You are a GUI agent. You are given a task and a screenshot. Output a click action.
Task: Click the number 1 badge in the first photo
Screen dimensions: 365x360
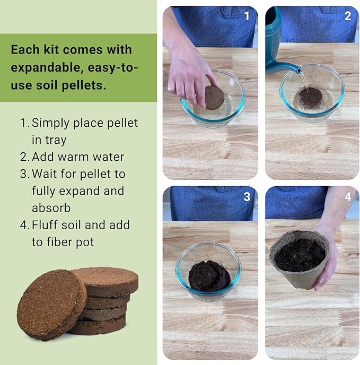click(246, 16)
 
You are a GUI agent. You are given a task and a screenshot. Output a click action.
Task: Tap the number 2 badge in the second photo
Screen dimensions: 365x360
click(347, 16)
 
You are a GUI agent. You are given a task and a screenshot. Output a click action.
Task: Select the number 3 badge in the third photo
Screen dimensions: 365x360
click(246, 197)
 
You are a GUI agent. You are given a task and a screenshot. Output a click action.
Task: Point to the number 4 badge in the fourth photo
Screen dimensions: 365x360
click(347, 197)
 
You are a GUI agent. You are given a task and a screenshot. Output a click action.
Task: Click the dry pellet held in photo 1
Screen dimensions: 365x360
click(214, 97)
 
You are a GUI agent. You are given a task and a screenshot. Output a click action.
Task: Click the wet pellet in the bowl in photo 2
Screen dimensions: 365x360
click(310, 97)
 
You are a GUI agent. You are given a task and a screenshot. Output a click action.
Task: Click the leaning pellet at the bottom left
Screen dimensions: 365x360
click(50, 312)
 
